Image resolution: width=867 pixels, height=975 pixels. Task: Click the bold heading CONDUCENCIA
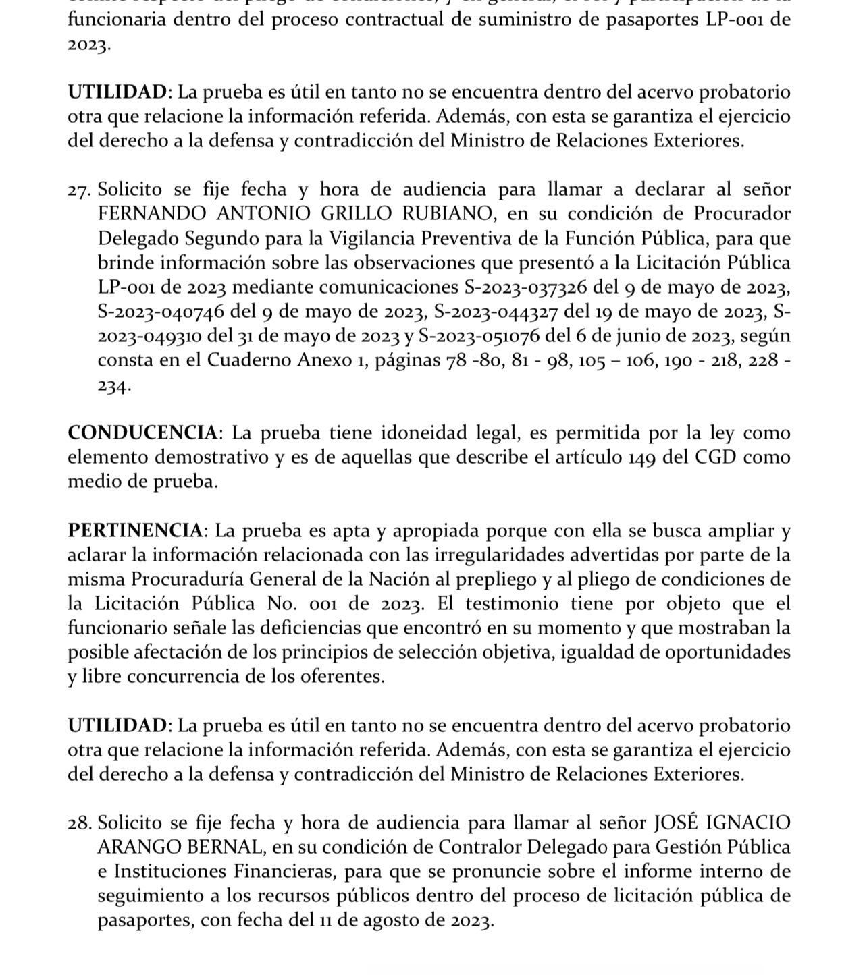coord(142,433)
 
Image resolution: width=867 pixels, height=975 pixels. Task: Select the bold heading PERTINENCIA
coord(135,530)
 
